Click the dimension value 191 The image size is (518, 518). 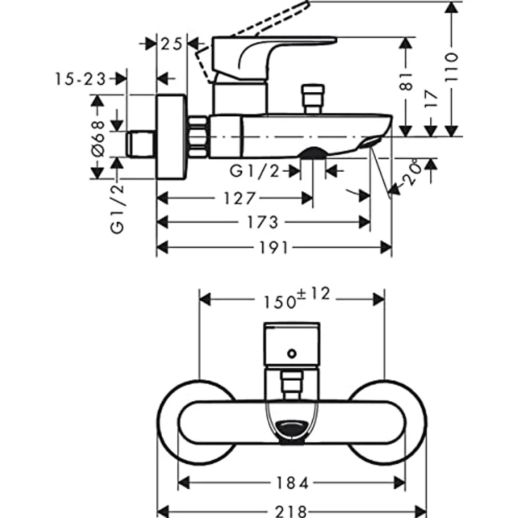click(274, 247)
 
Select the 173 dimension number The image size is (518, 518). click(263, 222)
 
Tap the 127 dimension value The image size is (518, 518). click(239, 198)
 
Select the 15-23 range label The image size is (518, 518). click(80, 80)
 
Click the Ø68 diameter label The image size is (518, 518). click(98, 137)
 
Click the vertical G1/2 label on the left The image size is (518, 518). click(117, 207)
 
